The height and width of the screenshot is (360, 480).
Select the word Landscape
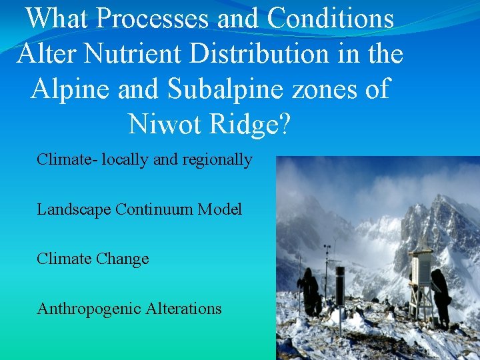coord(74,210)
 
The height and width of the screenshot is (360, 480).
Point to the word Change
coord(123,259)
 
